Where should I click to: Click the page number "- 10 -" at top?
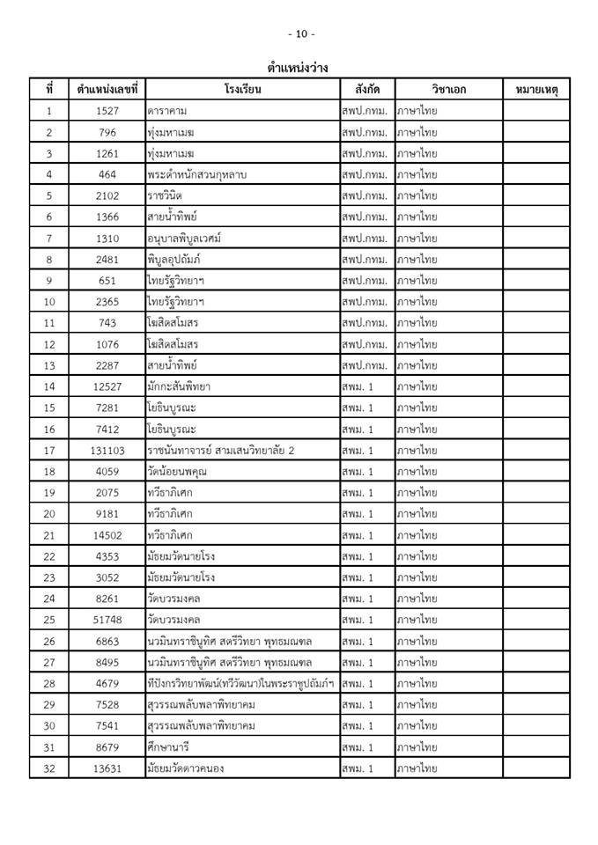pos(300,33)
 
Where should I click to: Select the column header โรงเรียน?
pos(243,90)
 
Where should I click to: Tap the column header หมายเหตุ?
pos(536,90)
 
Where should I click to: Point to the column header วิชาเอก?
pos(449,90)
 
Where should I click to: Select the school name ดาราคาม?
pos(167,112)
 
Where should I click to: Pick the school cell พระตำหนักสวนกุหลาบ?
pos(197,175)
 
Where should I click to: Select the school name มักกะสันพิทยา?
pos(180,386)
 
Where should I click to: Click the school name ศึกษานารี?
pos(170,747)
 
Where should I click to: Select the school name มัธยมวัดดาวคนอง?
pos(186,768)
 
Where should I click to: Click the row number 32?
pos(49,768)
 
